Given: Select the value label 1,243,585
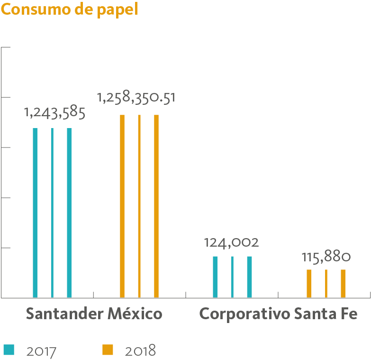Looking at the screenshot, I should click(54, 113).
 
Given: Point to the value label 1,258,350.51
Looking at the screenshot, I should click(136, 98).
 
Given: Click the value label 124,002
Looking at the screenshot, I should click(231, 243).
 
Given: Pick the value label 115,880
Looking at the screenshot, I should click(326, 257).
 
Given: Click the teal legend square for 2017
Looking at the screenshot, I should click(9, 350).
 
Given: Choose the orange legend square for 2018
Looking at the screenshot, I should click(108, 350).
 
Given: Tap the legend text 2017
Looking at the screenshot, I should click(42, 351).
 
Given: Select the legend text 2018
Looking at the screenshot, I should click(140, 351).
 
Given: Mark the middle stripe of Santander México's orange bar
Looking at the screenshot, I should click(139, 206).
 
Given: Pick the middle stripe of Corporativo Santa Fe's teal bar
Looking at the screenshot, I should click(232, 277).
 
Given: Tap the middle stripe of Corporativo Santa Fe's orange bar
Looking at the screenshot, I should click(326, 284).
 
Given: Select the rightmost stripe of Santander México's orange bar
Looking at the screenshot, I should click(156, 206).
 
